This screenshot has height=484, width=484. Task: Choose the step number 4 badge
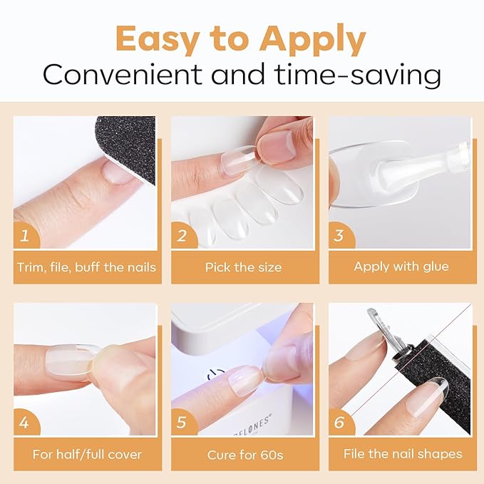(26, 423)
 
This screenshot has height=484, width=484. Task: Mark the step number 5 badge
(182, 423)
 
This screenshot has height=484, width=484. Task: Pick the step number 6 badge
(339, 423)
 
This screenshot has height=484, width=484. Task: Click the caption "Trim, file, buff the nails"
(85, 267)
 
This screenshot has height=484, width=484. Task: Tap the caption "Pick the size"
(243, 267)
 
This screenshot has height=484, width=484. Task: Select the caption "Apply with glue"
(401, 267)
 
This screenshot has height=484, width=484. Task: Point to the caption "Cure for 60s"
(243, 454)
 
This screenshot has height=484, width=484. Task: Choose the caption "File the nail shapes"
(403, 454)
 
